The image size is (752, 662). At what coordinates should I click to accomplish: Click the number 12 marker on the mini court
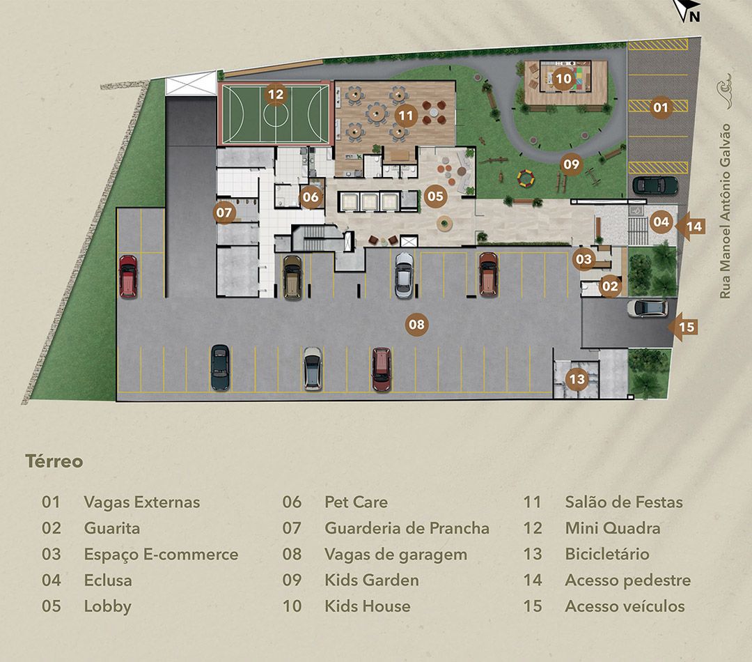(275, 94)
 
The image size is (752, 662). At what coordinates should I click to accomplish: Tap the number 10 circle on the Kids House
(563, 77)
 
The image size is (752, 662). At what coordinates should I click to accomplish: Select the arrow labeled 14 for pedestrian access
(689, 226)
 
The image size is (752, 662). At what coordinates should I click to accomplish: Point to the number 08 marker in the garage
(416, 325)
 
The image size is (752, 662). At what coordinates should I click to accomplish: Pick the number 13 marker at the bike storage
(577, 379)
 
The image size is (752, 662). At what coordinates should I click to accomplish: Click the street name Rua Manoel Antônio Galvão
(725, 211)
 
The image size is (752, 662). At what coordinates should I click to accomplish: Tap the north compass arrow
(687, 10)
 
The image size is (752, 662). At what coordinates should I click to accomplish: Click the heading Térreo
(54, 461)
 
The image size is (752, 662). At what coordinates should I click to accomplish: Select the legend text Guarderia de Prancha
(407, 528)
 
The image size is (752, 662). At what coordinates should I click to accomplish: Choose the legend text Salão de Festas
(623, 502)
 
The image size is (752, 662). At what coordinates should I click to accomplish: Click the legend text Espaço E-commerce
(161, 555)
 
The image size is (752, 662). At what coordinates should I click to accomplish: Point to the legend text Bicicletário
(607, 554)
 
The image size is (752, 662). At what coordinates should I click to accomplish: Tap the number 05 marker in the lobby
(435, 196)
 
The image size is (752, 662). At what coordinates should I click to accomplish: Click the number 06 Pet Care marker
(311, 197)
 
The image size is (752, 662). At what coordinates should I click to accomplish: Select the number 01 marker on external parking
(660, 107)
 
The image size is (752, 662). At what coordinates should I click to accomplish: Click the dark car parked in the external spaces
(655, 185)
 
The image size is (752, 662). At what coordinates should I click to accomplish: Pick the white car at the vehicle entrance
(647, 308)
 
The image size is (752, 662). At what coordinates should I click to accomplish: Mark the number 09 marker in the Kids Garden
(571, 164)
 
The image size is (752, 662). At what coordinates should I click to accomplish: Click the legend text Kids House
(368, 606)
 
